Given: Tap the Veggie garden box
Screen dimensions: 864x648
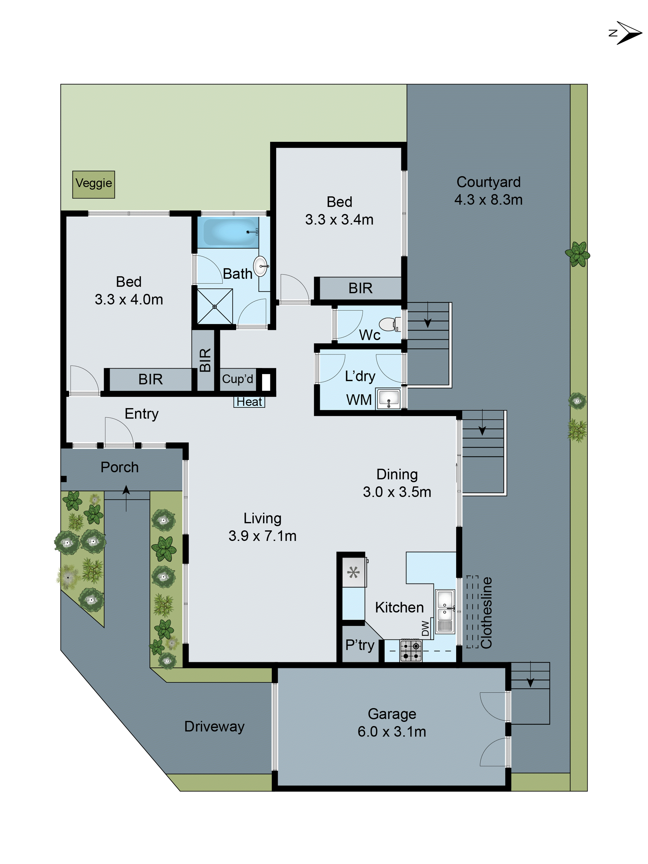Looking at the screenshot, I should point(93,184).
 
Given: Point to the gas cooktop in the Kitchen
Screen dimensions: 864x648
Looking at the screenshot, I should point(411,651).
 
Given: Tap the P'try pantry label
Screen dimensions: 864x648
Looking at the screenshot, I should point(359,645).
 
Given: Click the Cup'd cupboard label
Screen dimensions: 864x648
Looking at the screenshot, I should point(237,379).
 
